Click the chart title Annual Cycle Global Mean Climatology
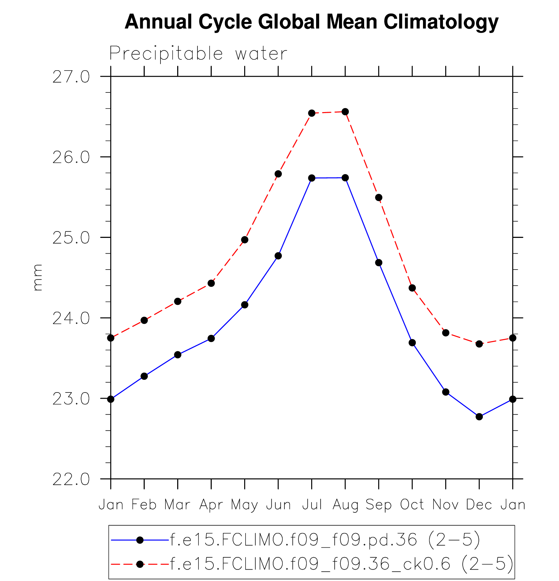[x=311, y=22]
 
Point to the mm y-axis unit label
[x=38, y=277]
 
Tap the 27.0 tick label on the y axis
[x=71, y=77]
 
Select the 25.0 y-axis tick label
[x=71, y=238]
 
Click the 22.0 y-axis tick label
[x=71, y=479]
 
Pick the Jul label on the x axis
[x=312, y=505]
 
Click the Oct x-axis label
[x=412, y=505]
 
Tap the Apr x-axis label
[x=211, y=505]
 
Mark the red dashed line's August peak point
[x=345, y=112]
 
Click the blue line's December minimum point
[x=479, y=417]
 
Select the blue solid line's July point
[x=312, y=178]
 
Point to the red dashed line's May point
[x=245, y=240]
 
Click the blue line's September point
[x=379, y=263]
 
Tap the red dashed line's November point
[x=446, y=333]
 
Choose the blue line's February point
[x=144, y=376]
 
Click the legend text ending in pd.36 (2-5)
[x=325, y=540]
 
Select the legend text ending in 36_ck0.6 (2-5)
[x=342, y=564]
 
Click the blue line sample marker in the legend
[x=140, y=540]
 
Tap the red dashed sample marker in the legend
[x=140, y=564]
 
